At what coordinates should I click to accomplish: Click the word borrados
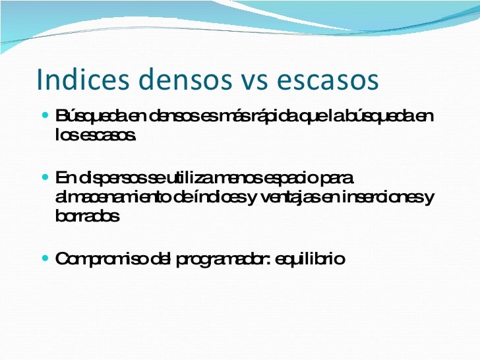[x=87, y=217]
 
